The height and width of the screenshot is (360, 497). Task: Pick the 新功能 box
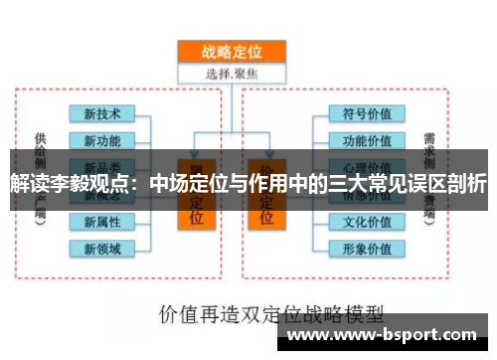pyautogui.click(x=101, y=139)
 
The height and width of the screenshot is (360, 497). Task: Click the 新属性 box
pyautogui.click(x=101, y=220)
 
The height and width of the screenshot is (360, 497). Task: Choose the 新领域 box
pyautogui.click(x=101, y=247)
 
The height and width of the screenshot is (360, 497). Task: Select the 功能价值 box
pyautogui.click(x=366, y=139)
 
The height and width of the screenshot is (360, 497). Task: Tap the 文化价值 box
pyautogui.click(x=366, y=220)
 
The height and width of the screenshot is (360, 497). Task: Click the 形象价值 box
pyautogui.click(x=366, y=247)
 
